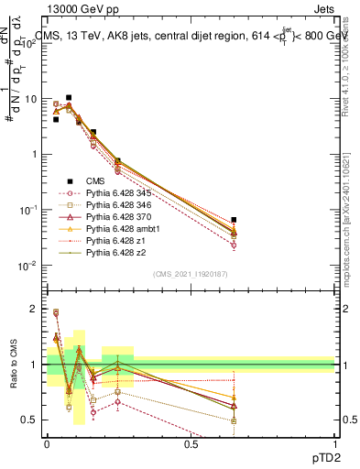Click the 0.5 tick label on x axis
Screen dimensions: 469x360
point(191,443)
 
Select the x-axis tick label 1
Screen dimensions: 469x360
point(334,443)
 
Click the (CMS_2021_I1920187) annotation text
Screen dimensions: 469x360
point(191,274)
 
